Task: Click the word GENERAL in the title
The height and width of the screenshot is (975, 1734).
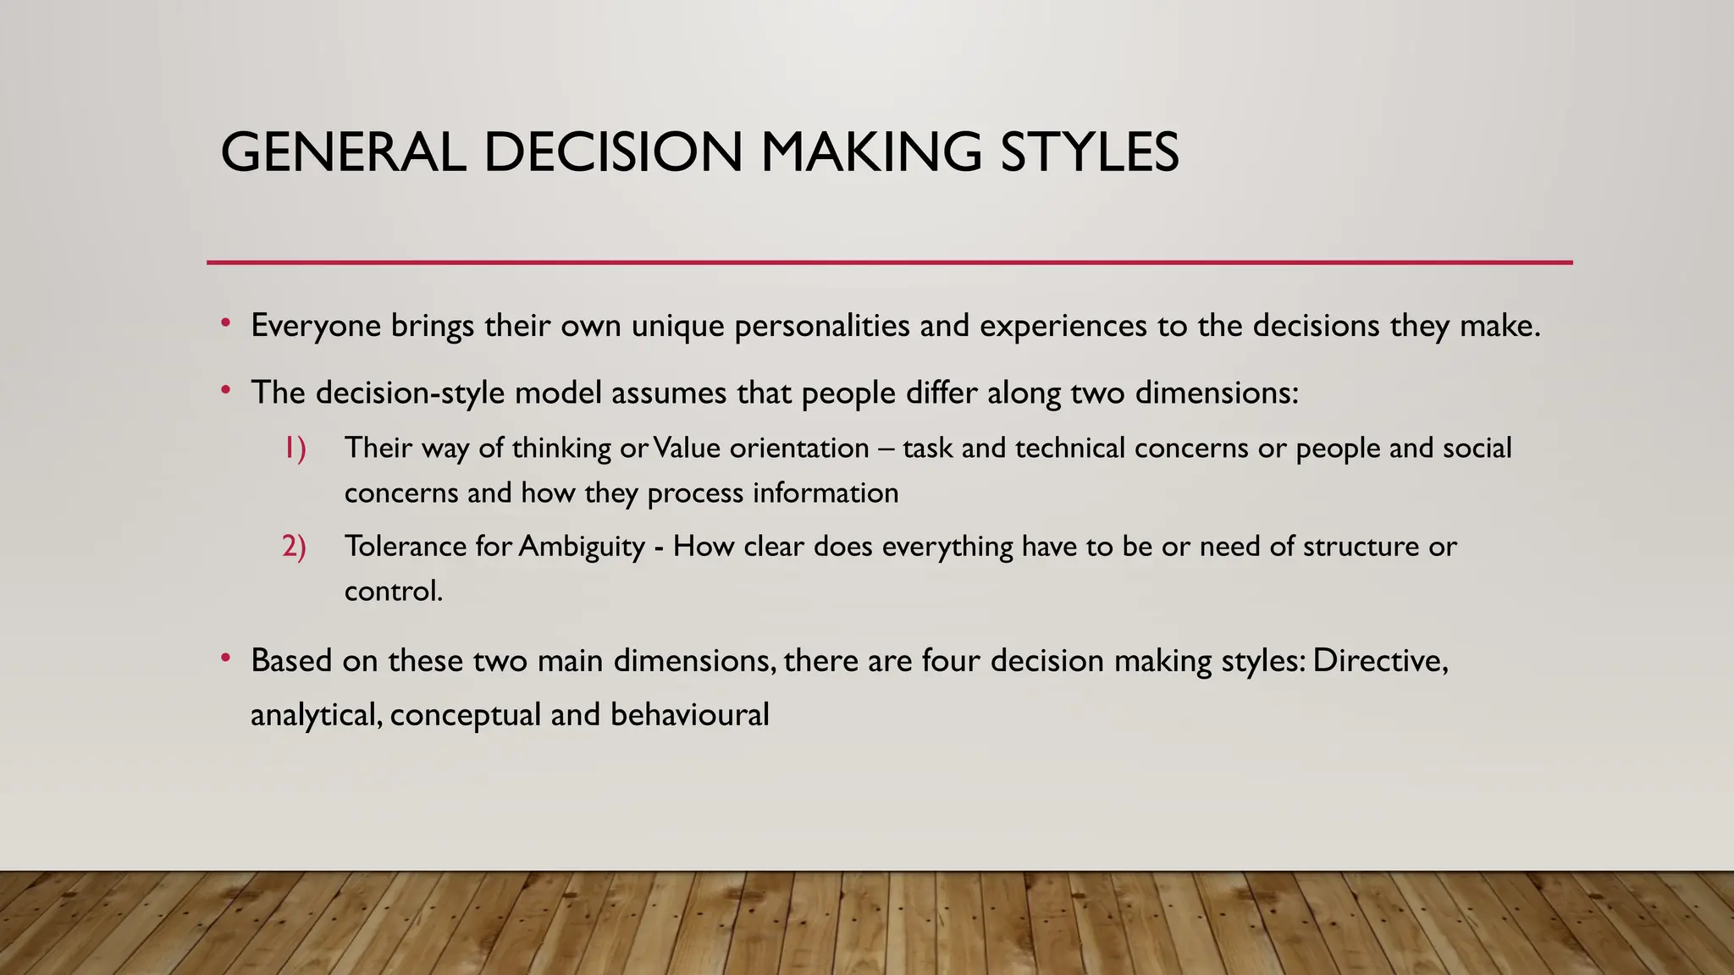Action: click(342, 153)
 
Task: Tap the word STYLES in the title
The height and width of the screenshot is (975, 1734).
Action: click(1089, 153)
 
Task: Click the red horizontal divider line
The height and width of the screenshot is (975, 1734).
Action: click(889, 262)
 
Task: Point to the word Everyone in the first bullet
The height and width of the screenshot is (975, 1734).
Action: click(316, 326)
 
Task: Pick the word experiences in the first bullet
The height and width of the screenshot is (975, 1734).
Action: click(1063, 326)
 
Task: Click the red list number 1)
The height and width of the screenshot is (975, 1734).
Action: click(294, 448)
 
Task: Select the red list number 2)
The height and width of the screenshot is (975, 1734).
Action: click(294, 546)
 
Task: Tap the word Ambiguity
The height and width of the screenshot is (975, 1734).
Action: click(583, 546)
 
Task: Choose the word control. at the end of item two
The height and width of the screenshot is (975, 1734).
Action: click(394, 591)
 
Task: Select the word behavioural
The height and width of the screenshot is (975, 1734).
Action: click(689, 714)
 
